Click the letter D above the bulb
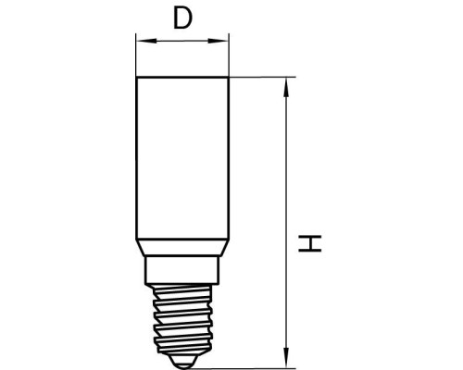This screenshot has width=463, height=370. pos(182,18)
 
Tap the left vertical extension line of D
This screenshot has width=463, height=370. pos(136,55)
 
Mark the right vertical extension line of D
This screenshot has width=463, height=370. pos(229,55)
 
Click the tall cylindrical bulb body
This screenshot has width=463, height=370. pos(182,157)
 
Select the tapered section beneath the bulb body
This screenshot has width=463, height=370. pos(182,247)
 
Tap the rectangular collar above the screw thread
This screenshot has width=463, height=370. pos(182,270)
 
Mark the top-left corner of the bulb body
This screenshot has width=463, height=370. pos(136,79)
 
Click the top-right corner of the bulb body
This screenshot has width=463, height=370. pos(229,79)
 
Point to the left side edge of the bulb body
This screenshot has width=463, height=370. pos(136,157)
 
